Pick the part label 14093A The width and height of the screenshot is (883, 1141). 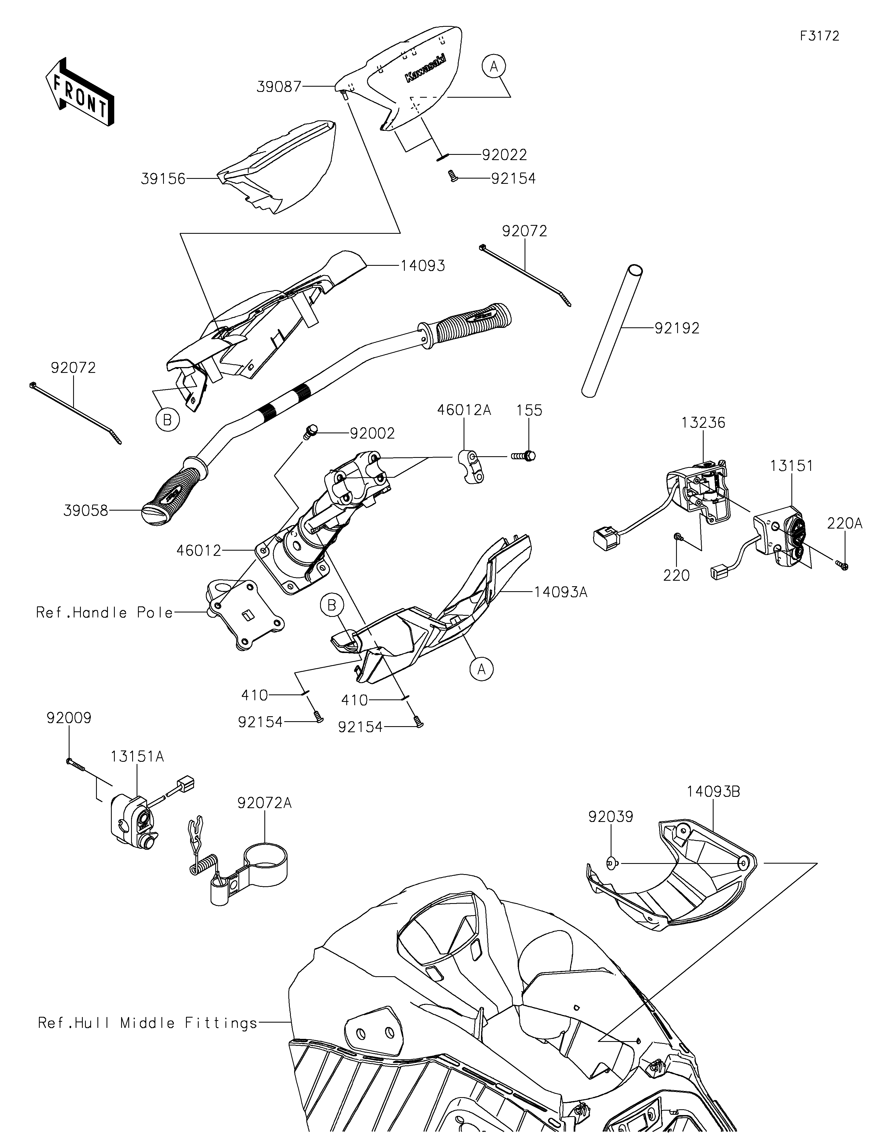561,592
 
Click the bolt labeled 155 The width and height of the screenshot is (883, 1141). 523,456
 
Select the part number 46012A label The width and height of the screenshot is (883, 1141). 464,410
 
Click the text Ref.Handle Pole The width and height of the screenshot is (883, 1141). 104,612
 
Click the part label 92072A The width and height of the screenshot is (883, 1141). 264,802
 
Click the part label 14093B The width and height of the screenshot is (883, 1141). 713,792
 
